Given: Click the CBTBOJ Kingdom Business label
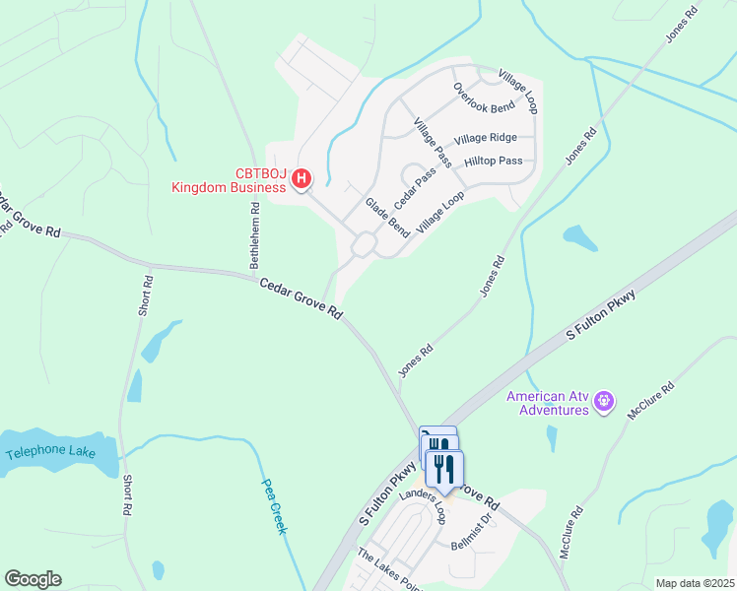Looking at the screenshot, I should click(232, 180).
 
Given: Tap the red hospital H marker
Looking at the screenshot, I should click(302, 179).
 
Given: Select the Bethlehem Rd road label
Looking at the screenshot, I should click(255, 235).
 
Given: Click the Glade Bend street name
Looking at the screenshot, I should click(387, 217).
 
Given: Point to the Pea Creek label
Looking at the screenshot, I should click(274, 506).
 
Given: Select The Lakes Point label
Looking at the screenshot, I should click(389, 568).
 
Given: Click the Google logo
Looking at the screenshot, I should click(33, 579).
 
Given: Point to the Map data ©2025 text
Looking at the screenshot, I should click(694, 583).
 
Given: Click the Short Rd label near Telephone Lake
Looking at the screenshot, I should click(128, 496).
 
